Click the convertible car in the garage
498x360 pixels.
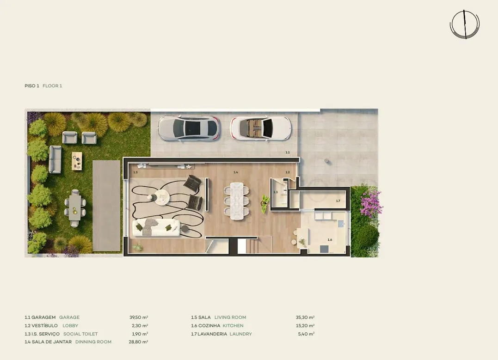click(x=260, y=128)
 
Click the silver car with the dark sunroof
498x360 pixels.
click(x=189, y=128)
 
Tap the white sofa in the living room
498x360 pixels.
click(x=156, y=227)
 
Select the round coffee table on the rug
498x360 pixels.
click(x=162, y=197)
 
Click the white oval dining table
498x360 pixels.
click(x=237, y=201)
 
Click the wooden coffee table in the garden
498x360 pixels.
click(x=77, y=161)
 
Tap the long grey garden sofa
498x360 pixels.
click(x=55, y=159)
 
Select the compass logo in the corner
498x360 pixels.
click(x=465, y=24)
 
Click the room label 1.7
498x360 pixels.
click(x=338, y=201)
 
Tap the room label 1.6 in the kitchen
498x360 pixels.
click(x=330, y=240)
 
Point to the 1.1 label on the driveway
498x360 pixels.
click(x=288, y=153)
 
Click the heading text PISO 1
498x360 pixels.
click(x=32, y=85)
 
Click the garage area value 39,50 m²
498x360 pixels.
click(x=139, y=317)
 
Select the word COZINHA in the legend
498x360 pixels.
click(x=209, y=325)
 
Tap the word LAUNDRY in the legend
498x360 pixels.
click(x=241, y=334)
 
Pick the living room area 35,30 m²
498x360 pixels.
click(x=305, y=317)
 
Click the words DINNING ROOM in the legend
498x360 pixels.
click(x=93, y=342)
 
